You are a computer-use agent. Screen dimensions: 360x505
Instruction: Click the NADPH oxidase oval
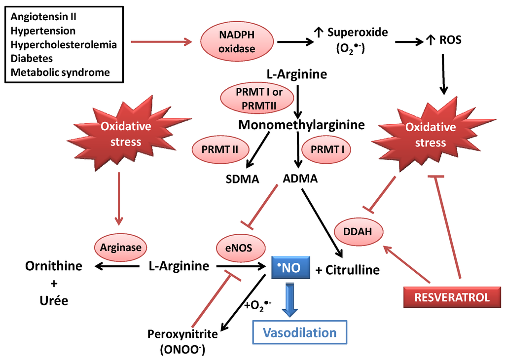pos(237,41)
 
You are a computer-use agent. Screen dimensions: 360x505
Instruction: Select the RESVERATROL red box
pos(452,297)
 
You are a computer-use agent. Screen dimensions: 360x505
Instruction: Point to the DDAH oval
pos(359,231)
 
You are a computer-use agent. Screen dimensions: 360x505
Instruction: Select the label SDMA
pos(242,179)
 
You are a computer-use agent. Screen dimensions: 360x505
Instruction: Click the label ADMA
pos(300,178)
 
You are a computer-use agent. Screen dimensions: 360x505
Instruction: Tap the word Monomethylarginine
pos(301,125)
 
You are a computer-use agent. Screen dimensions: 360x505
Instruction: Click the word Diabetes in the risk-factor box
pos(32,58)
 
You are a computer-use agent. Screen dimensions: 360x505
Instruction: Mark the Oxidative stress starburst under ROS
pos(430,135)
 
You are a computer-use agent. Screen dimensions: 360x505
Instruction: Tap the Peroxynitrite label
pos(183,334)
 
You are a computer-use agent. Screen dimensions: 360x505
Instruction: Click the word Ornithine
pos(54,266)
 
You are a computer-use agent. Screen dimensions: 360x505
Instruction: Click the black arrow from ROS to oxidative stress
pos(443,74)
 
